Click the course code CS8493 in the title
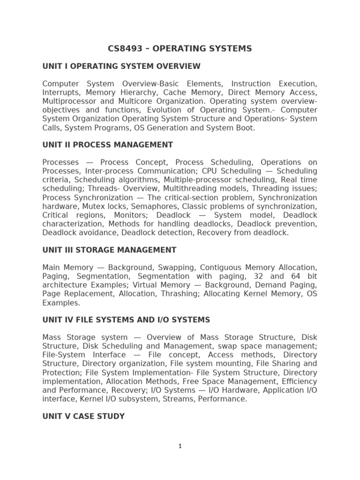coord(124,48)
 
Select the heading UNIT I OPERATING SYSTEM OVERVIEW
coord(121,66)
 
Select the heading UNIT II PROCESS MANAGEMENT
coord(107,145)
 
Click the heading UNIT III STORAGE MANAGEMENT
coord(109,250)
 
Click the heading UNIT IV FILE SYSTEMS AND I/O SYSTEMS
coord(126,320)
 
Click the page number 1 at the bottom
coord(180,446)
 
